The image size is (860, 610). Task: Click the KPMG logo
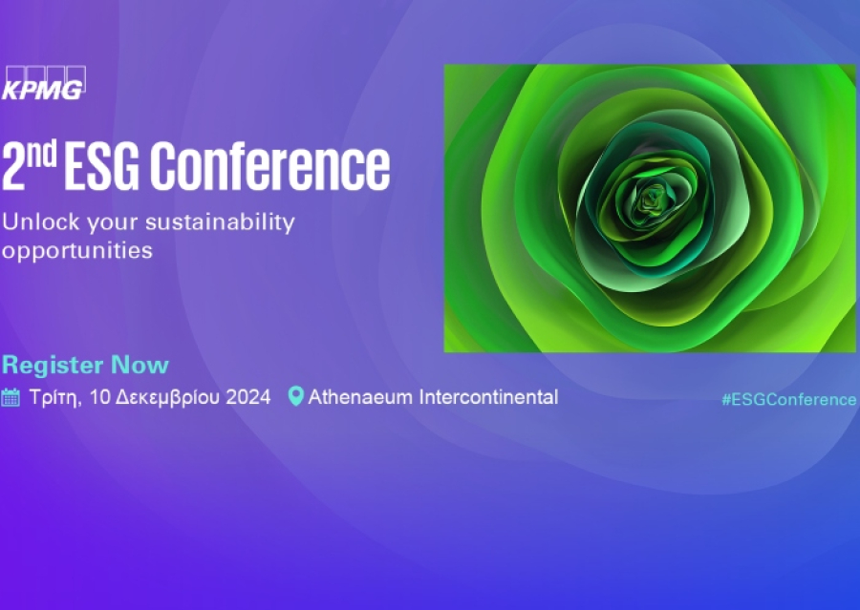[44, 83]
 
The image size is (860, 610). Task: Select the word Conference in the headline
[271, 166]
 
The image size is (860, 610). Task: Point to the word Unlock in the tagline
[36, 222]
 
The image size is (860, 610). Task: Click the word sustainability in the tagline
[219, 223]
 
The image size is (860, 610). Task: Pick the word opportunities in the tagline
[76, 251]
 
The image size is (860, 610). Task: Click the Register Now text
[85, 365]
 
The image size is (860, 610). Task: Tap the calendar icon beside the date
[11, 397]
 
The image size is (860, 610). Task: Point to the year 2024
[248, 397]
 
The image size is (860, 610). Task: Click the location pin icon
[295, 397]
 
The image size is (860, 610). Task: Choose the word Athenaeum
[360, 397]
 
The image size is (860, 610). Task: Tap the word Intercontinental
[489, 397]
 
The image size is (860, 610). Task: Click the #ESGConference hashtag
[788, 400]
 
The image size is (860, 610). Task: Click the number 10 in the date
[99, 397]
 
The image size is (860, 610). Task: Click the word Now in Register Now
[140, 365]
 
